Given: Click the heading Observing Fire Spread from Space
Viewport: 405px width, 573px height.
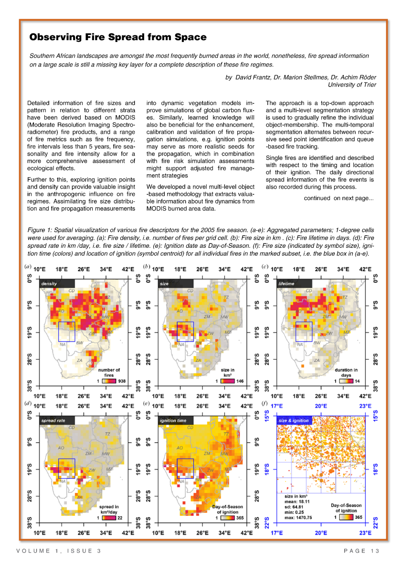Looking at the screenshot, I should (118, 37).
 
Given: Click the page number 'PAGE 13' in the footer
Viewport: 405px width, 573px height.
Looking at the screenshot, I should (362, 551).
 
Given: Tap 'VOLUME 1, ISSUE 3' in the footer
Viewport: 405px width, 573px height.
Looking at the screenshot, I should (59, 551).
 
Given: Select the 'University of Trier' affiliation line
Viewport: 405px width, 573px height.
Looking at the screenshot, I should (352, 85).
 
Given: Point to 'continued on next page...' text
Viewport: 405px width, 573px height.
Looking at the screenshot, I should (339, 198).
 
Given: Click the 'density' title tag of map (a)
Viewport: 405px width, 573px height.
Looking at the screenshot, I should (50, 284).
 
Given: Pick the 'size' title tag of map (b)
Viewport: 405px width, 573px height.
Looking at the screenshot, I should (165, 284).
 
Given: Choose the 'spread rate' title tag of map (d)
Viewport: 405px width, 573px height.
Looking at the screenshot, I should (53, 421).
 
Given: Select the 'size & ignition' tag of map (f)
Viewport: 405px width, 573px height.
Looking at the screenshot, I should (294, 421).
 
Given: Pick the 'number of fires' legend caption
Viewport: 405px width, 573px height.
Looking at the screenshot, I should (109, 372).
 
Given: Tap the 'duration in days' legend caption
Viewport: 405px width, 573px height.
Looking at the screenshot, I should (346, 372).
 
